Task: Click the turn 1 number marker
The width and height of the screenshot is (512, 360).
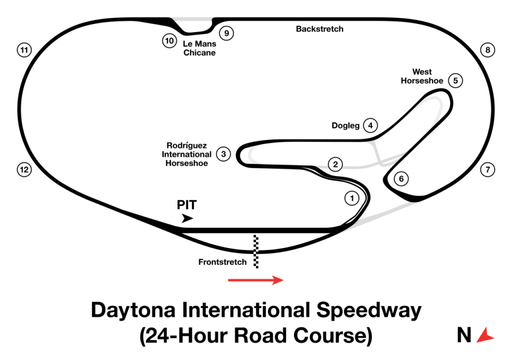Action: [352, 198]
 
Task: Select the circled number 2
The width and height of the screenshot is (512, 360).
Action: [335, 164]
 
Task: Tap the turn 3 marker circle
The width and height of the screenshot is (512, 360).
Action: [223, 154]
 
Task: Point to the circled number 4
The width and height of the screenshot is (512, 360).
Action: [370, 125]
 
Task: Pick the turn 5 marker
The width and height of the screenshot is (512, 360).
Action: [455, 80]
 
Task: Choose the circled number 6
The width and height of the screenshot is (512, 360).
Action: [401, 178]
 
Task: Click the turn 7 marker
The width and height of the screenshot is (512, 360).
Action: [488, 169]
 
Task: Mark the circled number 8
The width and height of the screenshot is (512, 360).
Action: [488, 50]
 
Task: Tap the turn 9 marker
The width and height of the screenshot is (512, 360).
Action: [226, 33]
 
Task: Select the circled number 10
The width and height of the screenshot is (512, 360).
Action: [169, 41]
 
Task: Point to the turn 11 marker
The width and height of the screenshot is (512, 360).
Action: [24, 50]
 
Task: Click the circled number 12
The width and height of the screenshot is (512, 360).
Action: [24, 169]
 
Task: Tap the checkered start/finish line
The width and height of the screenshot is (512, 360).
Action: [255, 251]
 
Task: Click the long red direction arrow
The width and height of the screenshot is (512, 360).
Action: [255, 280]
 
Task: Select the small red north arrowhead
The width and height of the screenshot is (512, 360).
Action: [484, 335]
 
